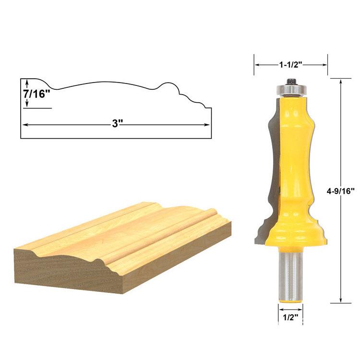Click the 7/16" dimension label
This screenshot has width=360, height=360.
tap(36, 94)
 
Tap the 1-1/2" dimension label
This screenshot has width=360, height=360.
tap(290, 65)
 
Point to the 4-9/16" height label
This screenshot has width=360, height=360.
tap(341, 191)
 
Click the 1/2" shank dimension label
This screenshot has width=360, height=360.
tap(290, 318)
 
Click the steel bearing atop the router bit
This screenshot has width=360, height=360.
tap(291, 90)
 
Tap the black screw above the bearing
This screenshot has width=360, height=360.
tap(291, 82)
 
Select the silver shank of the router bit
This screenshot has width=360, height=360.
tap(290, 275)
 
